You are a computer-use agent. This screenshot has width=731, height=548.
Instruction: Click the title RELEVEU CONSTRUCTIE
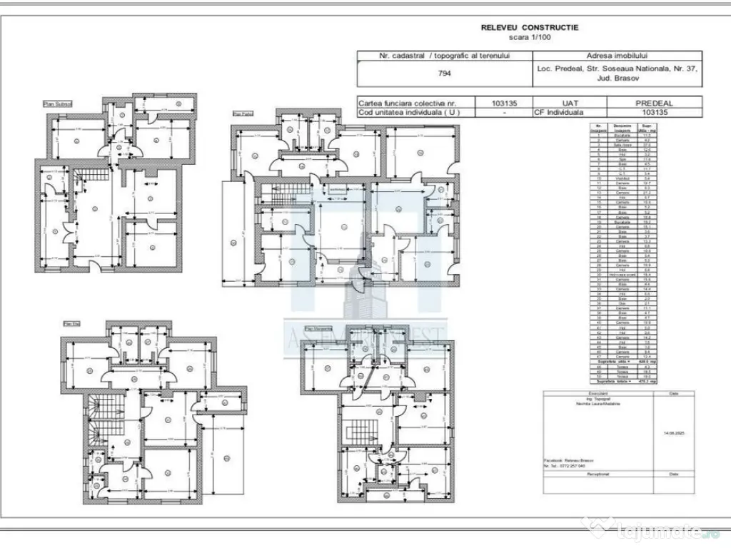pyautogui.click(x=530, y=28)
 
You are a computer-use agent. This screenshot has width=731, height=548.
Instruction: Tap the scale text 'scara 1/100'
pyautogui.click(x=530, y=36)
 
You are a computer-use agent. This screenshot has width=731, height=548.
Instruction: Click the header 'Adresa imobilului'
pyautogui.click(x=617, y=56)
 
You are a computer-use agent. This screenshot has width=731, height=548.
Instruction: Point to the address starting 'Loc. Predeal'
pyautogui.click(x=617, y=72)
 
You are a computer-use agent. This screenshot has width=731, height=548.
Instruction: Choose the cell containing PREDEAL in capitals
pyautogui.click(x=654, y=103)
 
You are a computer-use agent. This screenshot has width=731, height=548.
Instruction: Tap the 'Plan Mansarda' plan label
pyautogui.click(x=319, y=329)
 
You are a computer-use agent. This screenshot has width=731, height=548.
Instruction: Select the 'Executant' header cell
pyautogui.click(x=598, y=392)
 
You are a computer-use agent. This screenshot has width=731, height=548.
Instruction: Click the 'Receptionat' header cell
pyautogui.click(x=598, y=473)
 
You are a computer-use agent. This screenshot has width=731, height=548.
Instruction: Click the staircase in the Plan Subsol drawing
pyautogui.click(x=94, y=179)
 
